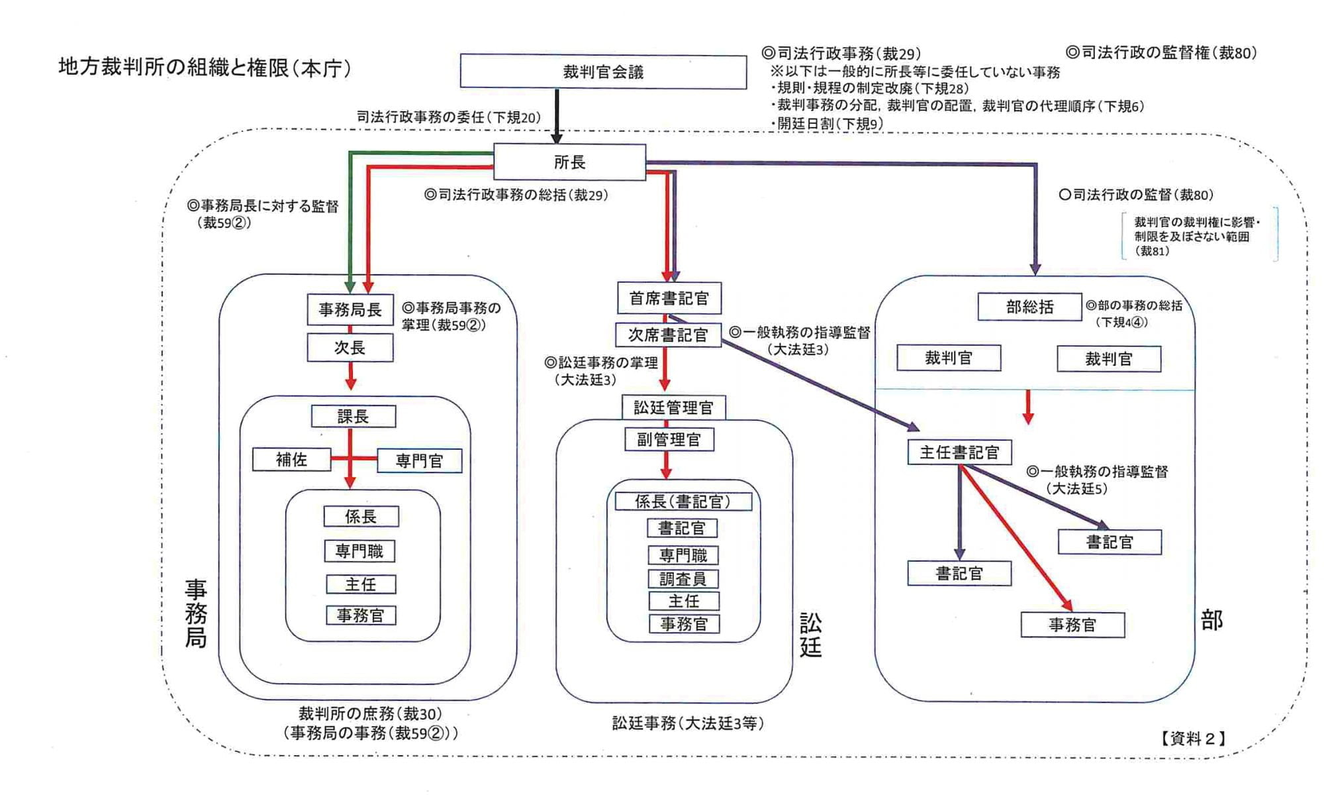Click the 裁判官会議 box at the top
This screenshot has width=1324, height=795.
click(x=603, y=72)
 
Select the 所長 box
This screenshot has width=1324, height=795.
click(x=569, y=162)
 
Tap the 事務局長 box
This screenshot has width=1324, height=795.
click(x=350, y=309)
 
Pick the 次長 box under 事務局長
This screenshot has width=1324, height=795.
click(x=350, y=348)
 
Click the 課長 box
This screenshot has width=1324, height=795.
click(x=354, y=417)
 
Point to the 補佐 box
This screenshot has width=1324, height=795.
click(x=291, y=460)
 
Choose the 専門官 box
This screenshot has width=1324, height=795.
click(x=419, y=461)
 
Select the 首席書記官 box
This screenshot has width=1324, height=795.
click(x=669, y=299)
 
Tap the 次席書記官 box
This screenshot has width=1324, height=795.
click(x=668, y=335)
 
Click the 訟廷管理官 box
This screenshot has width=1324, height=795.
click(x=673, y=407)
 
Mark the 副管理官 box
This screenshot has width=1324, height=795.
click(x=669, y=439)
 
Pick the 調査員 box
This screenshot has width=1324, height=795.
click(x=683, y=579)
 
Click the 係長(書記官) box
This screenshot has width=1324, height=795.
click(x=683, y=502)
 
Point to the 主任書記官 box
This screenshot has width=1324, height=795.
click(x=959, y=452)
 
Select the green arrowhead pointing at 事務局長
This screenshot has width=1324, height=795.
click(x=351, y=285)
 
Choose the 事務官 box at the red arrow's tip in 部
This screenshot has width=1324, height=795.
click(x=1072, y=625)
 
